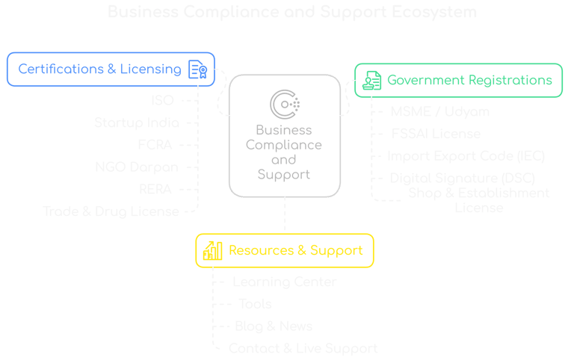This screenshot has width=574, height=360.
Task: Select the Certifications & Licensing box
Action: click(x=111, y=69)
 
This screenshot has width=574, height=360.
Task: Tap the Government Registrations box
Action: click(x=459, y=80)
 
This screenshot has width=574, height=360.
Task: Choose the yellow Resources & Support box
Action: click(x=285, y=250)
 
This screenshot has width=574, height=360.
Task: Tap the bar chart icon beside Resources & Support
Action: click(x=212, y=250)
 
